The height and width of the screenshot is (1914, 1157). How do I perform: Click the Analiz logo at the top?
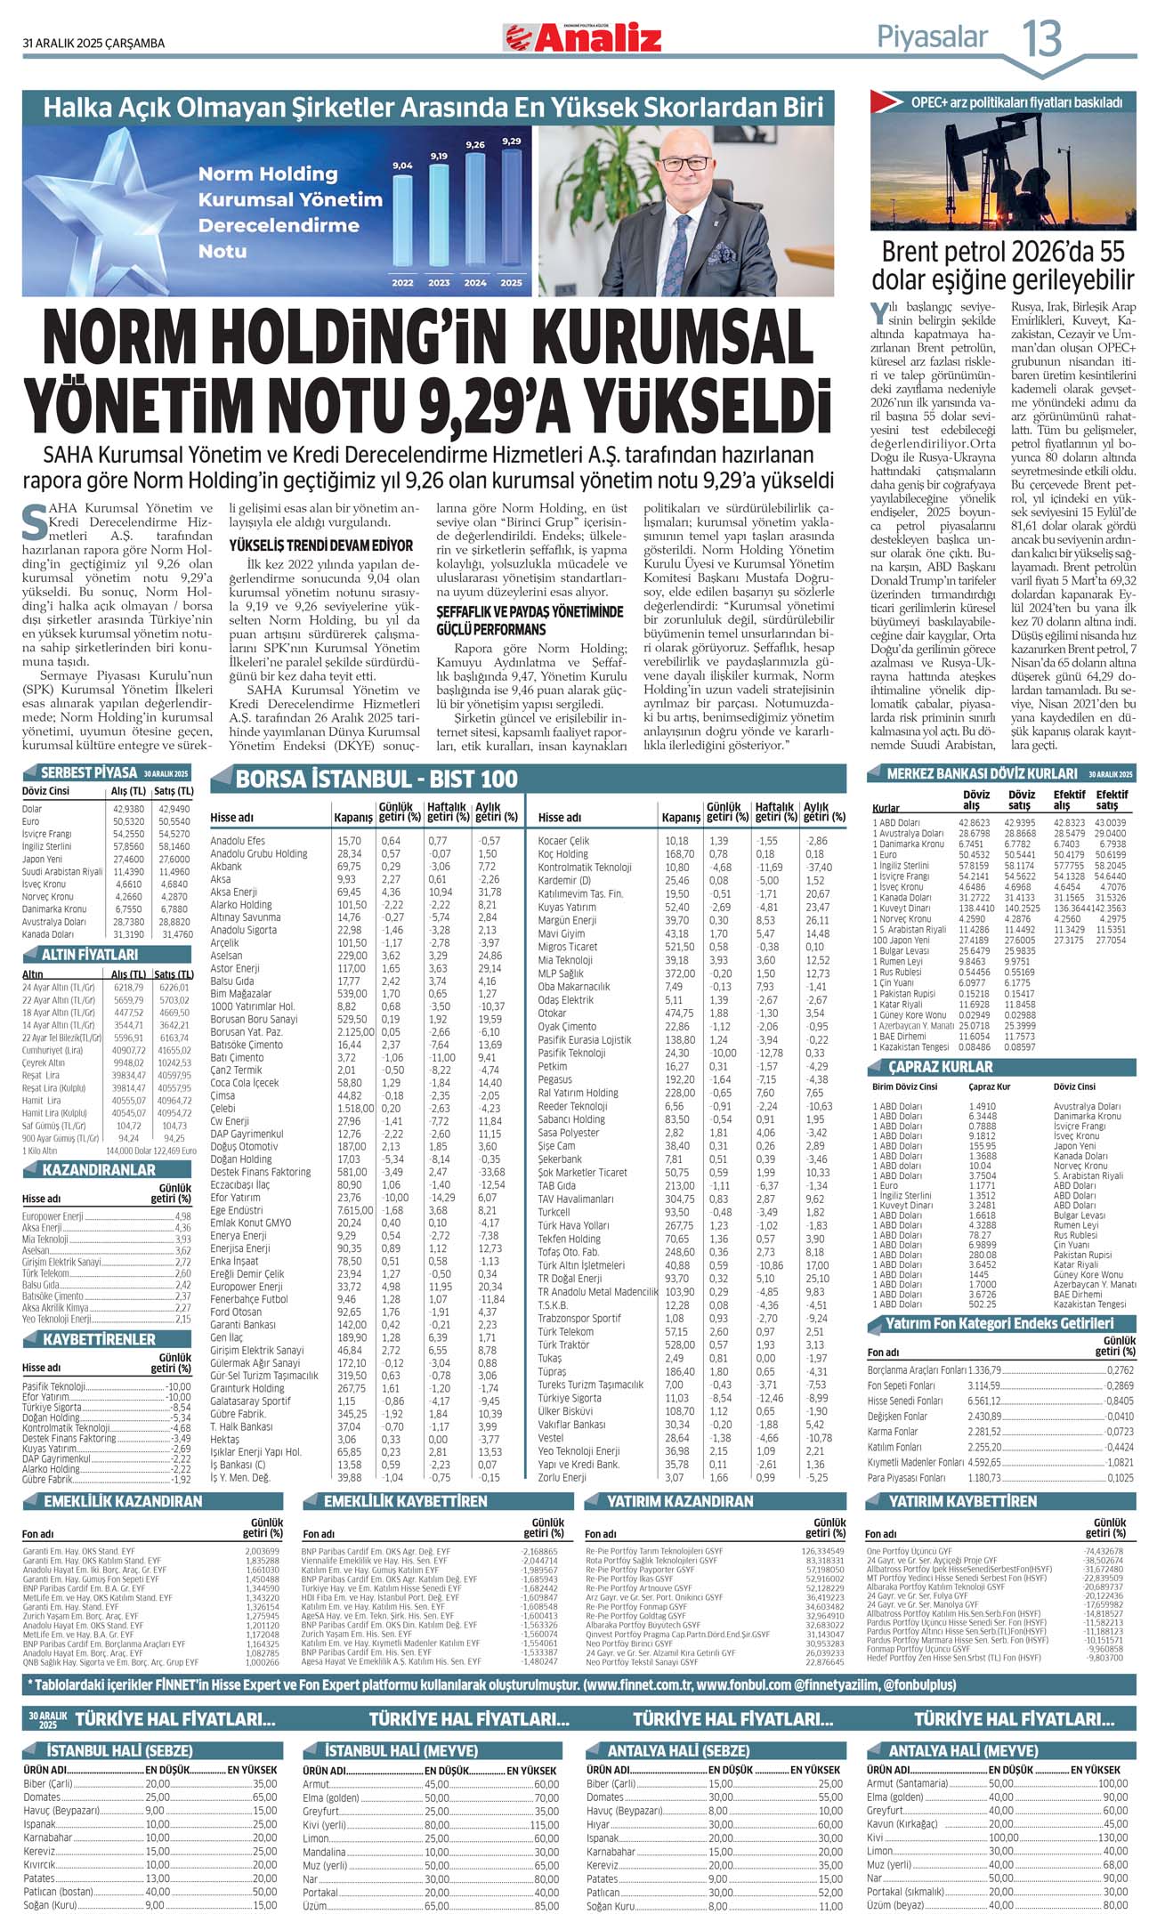pyautogui.click(x=584, y=37)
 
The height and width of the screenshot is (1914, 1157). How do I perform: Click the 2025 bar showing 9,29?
pyautogui.click(x=511, y=209)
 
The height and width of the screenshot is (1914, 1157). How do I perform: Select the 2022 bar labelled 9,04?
pyautogui.click(x=402, y=222)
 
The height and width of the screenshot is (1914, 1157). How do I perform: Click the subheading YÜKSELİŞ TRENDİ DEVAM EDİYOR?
pyautogui.click(x=321, y=545)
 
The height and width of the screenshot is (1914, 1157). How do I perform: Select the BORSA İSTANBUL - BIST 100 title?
pyautogui.click(x=376, y=779)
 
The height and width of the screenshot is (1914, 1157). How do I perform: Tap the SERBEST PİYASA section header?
pyautogui.click(x=89, y=772)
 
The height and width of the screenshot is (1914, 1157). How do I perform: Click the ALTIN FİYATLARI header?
pyautogui.click(x=91, y=954)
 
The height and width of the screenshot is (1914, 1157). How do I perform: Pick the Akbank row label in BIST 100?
pyautogui.click(x=226, y=866)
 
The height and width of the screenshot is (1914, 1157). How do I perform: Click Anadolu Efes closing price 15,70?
pyautogui.click(x=349, y=840)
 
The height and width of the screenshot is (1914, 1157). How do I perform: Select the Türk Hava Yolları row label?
pyautogui.click(x=573, y=1225)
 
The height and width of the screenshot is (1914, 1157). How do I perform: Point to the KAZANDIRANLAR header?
pyautogui.click(x=98, y=1169)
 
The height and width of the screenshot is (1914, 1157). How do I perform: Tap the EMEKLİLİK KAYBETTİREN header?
pyautogui.click(x=405, y=1501)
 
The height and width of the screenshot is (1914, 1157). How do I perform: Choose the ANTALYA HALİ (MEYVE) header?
pyautogui.click(x=951, y=1750)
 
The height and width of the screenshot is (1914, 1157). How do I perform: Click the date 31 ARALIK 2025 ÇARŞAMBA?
pyautogui.click(x=93, y=43)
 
